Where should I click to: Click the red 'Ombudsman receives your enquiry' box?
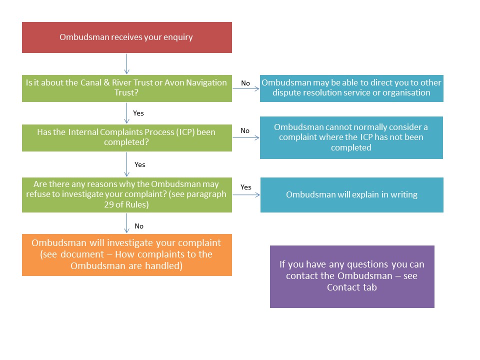coord(126,37)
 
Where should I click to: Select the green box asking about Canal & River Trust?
coord(126,88)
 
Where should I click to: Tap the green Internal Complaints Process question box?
coord(126,138)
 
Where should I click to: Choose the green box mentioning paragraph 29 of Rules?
coord(126,194)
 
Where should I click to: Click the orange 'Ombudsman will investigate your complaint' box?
coord(126,254)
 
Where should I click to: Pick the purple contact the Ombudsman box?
coord(352,276)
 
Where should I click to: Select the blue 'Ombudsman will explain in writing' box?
coord(351,194)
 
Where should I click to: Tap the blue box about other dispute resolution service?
coord(351,88)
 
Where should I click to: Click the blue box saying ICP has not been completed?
coord(351,137)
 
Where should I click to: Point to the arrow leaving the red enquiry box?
coord(126,64)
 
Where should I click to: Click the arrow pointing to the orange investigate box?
coord(126,223)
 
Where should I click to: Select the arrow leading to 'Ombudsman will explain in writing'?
coord(246,194)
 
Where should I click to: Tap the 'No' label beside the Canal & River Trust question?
coord(245,83)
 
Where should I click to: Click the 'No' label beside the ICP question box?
coord(245,130)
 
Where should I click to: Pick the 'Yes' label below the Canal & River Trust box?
coord(138,113)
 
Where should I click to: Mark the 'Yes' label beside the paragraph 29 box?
coord(246,187)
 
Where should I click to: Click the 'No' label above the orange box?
coord(139,226)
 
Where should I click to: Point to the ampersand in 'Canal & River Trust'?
coord(106,82)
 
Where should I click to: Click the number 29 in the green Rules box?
coord(108,204)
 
